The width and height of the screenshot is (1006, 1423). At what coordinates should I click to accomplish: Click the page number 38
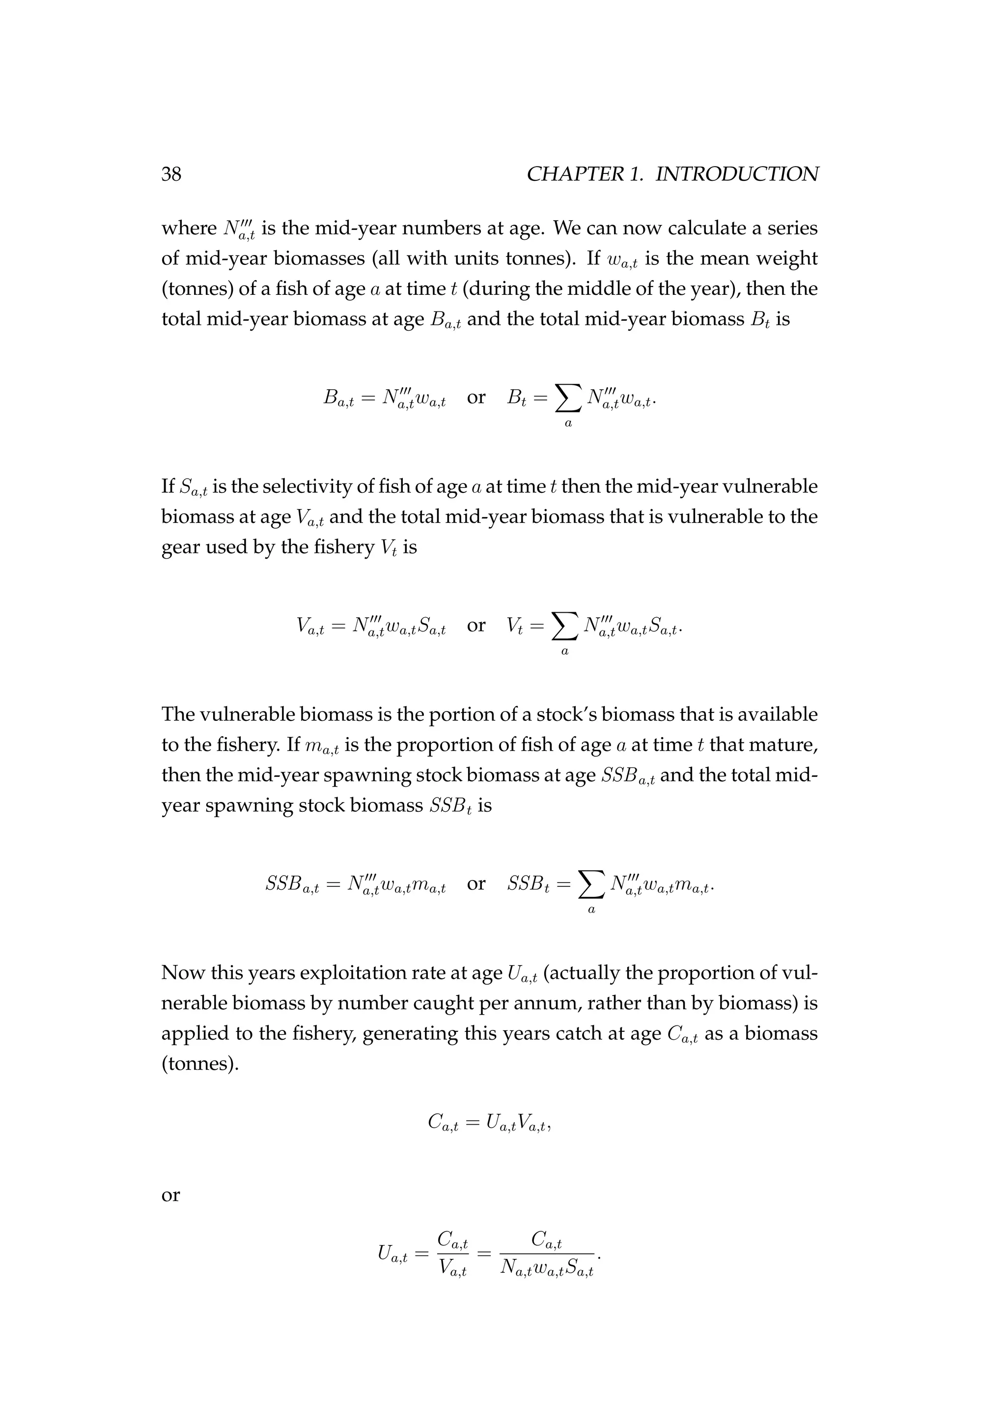click(171, 174)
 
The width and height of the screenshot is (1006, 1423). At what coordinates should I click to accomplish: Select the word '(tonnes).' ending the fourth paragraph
click(199, 1064)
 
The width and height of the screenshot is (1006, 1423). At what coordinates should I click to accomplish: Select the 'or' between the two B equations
click(476, 398)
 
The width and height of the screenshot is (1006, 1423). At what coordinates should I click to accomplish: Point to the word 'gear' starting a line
click(180, 548)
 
